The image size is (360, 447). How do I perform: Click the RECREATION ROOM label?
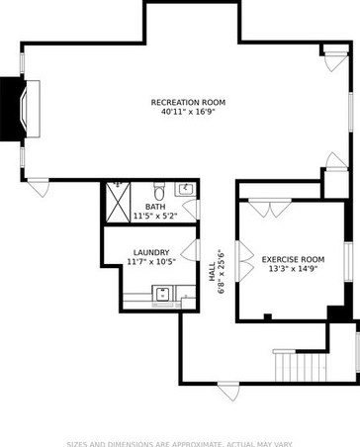[188, 103]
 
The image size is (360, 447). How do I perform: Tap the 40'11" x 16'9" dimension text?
[188, 113]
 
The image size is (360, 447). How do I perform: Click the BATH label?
[155, 206]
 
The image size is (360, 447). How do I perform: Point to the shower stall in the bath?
[119, 203]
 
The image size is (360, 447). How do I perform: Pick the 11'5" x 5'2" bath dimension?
[155, 216]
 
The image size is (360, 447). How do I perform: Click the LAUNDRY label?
[151, 252]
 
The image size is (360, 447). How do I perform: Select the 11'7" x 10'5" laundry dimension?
[151, 262]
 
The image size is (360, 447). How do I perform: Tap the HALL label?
[213, 278]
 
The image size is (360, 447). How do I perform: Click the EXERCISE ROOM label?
[292, 258]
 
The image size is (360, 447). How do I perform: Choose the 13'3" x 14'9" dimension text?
[292, 268]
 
